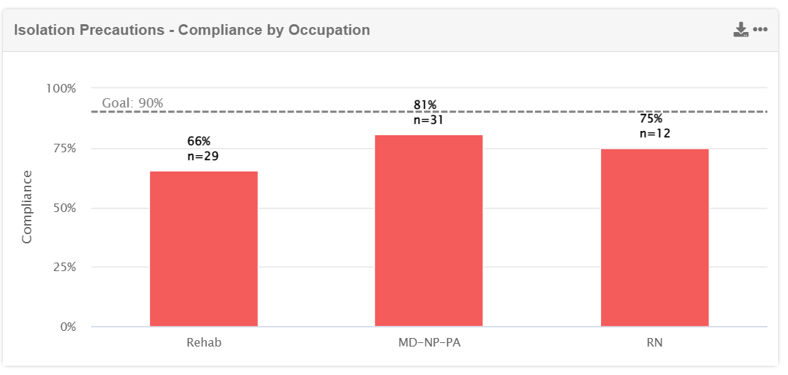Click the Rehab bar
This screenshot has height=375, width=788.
pyautogui.click(x=203, y=249)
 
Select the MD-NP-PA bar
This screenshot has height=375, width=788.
pyautogui.click(x=428, y=231)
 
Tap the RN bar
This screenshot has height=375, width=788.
pyautogui.click(x=654, y=238)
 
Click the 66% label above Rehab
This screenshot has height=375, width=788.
pyautogui.click(x=199, y=142)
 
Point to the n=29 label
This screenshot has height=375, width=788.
pyautogui.click(x=203, y=156)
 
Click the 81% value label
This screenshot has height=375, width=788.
pyautogui.click(x=425, y=105)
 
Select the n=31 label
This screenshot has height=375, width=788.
pyautogui.click(x=428, y=120)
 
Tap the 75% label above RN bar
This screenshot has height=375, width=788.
pyautogui.click(x=651, y=119)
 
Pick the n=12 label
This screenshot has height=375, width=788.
pyautogui.click(x=655, y=133)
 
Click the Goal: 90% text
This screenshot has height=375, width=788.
pyautogui.click(x=133, y=103)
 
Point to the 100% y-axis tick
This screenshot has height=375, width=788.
pyautogui.click(x=61, y=88)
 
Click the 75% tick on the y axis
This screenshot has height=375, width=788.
pyautogui.click(x=63, y=148)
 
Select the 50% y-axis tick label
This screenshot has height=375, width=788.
pyautogui.click(x=63, y=208)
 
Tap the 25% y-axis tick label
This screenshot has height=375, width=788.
pyautogui.click(x=63, y=268)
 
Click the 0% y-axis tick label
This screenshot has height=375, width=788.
pyautogui.click(x=68, y=327)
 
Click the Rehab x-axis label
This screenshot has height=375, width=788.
pyautogui.click(x=204, y=342)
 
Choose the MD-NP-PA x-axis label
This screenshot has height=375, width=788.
pyautogui.click(x=428, y=342)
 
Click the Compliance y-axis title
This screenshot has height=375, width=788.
pyautogui.click(x=27, y=206)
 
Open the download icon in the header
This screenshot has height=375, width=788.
pyautogui.click(x=741, y=29)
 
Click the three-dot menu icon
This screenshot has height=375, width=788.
pyautogui.click(x=760, y=29)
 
